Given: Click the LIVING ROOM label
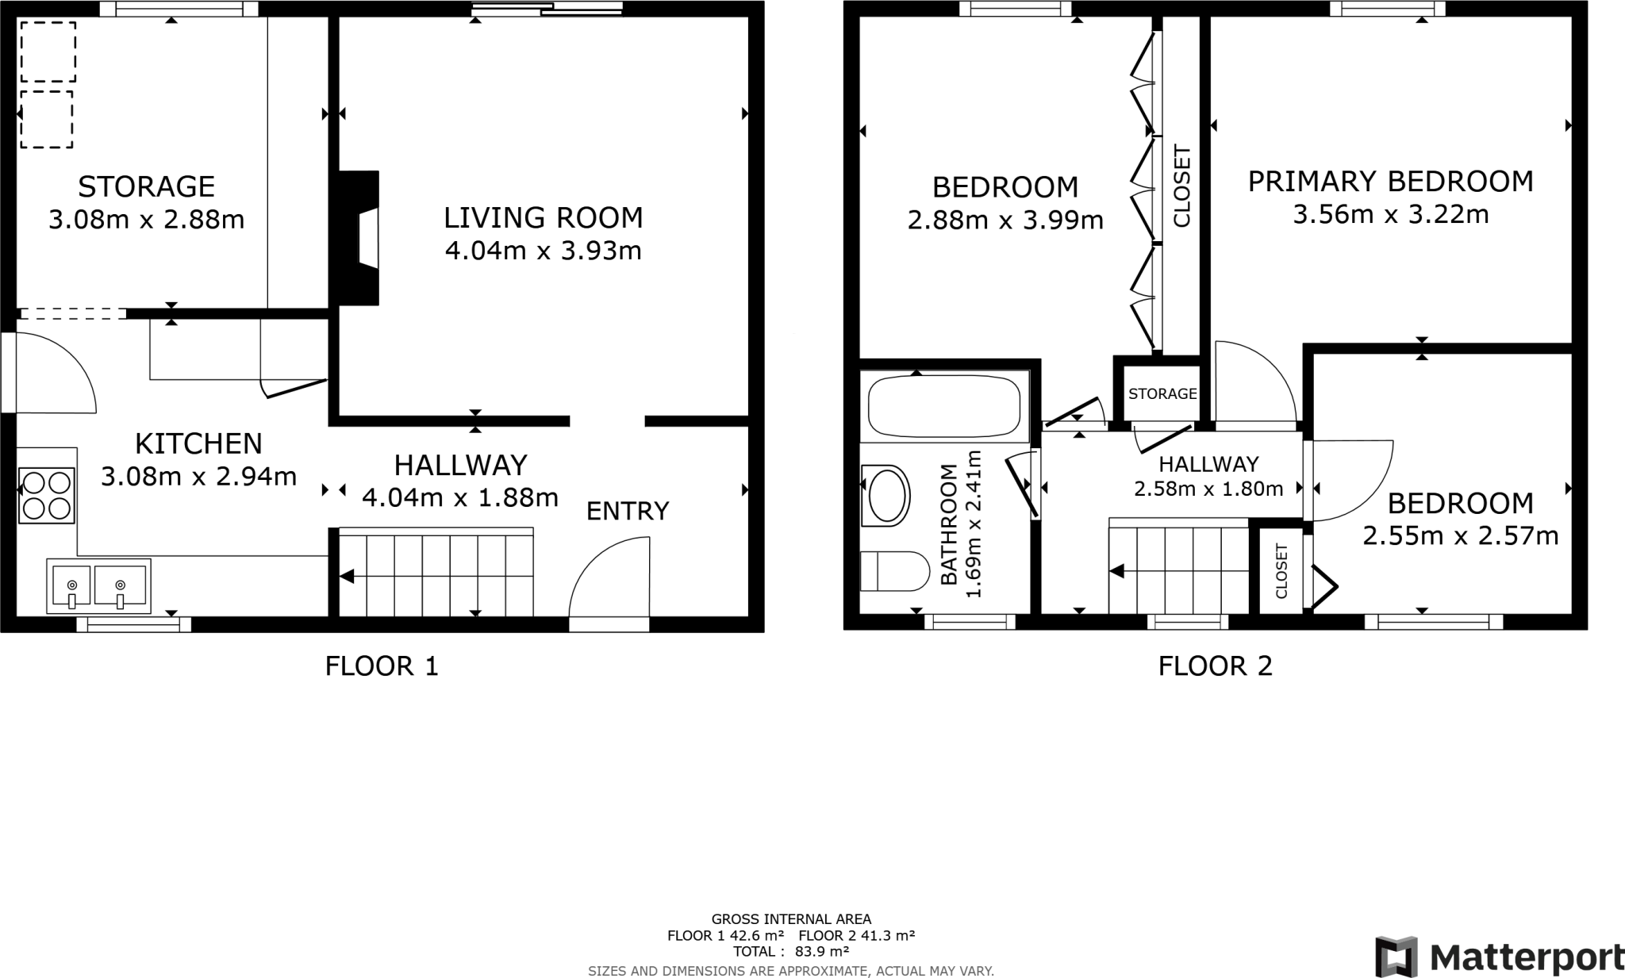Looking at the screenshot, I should [543, 217].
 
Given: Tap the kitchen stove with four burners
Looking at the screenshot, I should [47, 495].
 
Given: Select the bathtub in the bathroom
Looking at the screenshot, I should [944, 407].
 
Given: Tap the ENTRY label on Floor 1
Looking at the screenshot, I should [628, 512].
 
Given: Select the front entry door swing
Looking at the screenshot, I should [609, 579].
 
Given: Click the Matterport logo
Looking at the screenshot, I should [1499, 957].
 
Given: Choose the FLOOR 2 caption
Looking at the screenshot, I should [1215, 665].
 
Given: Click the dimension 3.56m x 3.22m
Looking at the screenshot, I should [1390, 215].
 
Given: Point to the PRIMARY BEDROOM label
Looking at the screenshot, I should [1390, 182].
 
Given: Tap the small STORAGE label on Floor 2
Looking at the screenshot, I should [1162, 394].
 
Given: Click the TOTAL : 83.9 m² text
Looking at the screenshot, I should [790, 952].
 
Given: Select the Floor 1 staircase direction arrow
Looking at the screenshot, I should [347, 577].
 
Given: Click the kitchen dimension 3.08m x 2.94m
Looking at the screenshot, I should [198, 477].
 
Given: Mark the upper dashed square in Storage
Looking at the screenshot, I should [48, 52].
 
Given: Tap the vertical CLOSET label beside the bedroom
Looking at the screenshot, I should [1181, 186].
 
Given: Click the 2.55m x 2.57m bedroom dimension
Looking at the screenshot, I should [1460, 537].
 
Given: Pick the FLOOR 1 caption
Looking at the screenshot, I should [382, 665].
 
